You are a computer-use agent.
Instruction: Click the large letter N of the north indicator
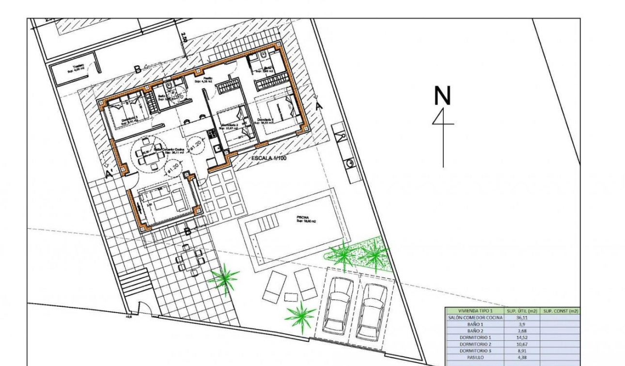442,95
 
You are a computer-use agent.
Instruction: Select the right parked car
372,311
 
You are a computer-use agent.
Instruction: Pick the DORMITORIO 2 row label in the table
475,344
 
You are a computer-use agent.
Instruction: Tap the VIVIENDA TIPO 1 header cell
475,311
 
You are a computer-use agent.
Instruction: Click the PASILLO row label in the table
475,357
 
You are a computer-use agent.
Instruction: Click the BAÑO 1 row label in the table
475,324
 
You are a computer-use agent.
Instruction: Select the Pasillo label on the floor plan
207,78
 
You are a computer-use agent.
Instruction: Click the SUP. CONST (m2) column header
561,311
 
